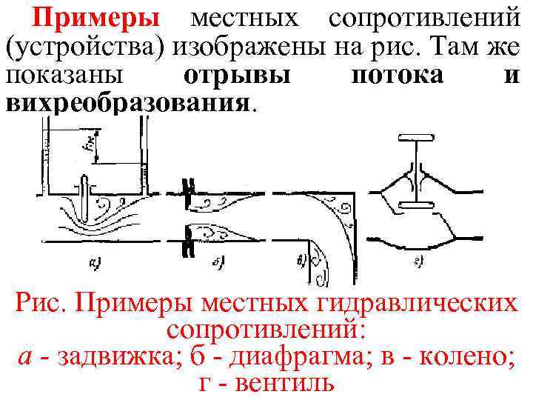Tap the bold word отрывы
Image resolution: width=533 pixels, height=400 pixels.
pos(235,77)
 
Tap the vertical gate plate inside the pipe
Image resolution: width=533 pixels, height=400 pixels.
pos(86,193)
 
